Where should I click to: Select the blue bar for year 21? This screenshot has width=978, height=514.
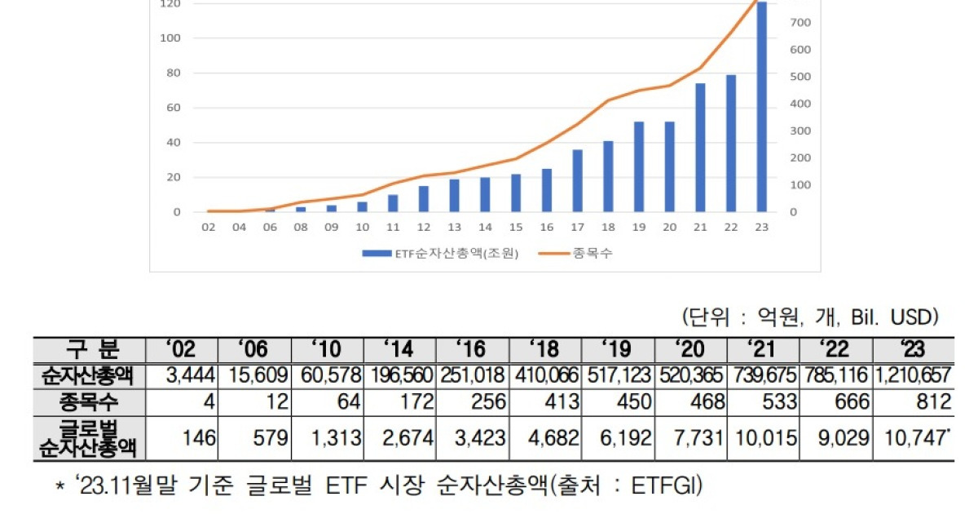[x=700, y=148]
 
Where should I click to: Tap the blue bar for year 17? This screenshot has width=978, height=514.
[x=577, y=180]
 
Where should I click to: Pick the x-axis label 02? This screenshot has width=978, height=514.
[x=209, y=228]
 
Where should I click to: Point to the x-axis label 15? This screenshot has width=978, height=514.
[x=516, y=228]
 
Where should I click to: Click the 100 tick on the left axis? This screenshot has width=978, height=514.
[x=170, y=38]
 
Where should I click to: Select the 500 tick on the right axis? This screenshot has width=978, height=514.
[x=799, y=77]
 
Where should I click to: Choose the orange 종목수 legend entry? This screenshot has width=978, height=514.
[x=575, y=253]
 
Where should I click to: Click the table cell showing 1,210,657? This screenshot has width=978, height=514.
[x=912, y=376]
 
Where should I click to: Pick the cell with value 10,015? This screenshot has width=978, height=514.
[x=764, y=438]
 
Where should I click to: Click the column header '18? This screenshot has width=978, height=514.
[x=545, y=349]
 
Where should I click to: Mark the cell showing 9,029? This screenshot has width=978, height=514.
[x=838, y=438]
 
